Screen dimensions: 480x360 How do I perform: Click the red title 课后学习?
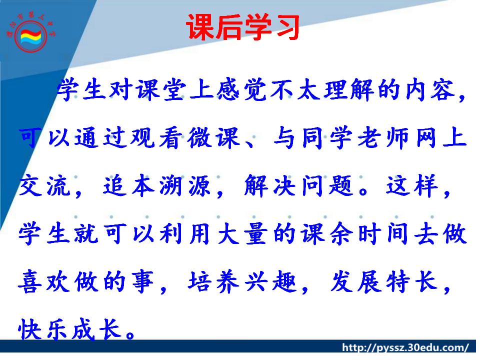click(x=242, y=27)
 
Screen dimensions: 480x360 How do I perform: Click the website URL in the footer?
click(x=405, y=348)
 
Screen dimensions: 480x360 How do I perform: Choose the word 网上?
click(x=441, y=138)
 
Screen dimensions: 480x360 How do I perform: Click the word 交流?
click(x=44, y=185)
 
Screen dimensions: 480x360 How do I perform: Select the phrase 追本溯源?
click(x=156, y=185)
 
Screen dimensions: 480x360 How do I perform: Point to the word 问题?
click(x=327, y=185)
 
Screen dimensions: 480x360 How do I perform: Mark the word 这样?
click(x=411, y=185)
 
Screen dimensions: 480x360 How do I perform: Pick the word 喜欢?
click(x=44, y=281)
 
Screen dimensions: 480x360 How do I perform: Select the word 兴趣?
click(x=271, y=281)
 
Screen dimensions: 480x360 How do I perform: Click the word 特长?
click(x=411, y=281)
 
